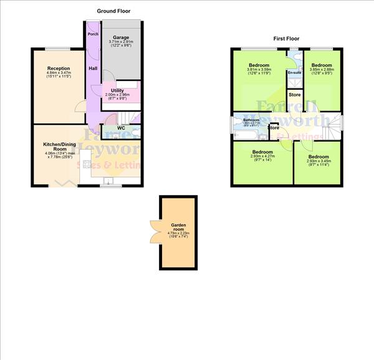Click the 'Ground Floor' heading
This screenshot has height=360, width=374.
[114, 11]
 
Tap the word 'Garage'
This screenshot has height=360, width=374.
[121, 37]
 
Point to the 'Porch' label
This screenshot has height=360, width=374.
[93, 34]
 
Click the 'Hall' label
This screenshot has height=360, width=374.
[92, 69]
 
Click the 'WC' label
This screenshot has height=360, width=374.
[121, 129]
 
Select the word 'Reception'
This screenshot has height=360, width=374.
[58, 69]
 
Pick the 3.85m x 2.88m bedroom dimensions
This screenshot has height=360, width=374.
[321, 72]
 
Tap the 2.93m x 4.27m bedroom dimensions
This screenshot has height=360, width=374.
[262, 158]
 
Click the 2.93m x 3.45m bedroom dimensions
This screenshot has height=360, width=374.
[319, 162]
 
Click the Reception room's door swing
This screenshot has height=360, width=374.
[80, 107]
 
